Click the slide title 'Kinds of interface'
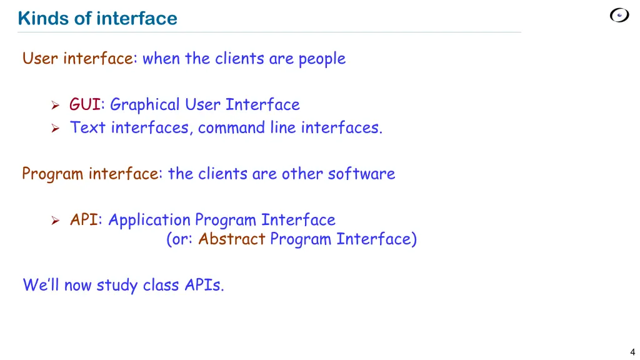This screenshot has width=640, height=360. [97, 19]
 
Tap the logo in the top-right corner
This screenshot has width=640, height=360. [619, 16]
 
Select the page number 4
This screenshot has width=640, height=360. [632, 352]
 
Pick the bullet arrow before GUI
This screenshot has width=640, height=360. [55, 105]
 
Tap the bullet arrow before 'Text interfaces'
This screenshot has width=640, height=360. [55, 128]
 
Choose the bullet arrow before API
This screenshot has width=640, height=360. [55, 220]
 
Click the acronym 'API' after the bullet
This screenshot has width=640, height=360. [84, 220]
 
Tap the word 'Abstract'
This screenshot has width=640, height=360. [231, 239]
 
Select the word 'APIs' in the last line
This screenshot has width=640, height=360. [202, 286]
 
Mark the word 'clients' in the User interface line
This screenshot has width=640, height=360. [239, 59]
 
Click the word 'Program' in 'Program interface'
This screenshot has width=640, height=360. [52, 174]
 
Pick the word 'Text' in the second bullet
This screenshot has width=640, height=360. [87, 127]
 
